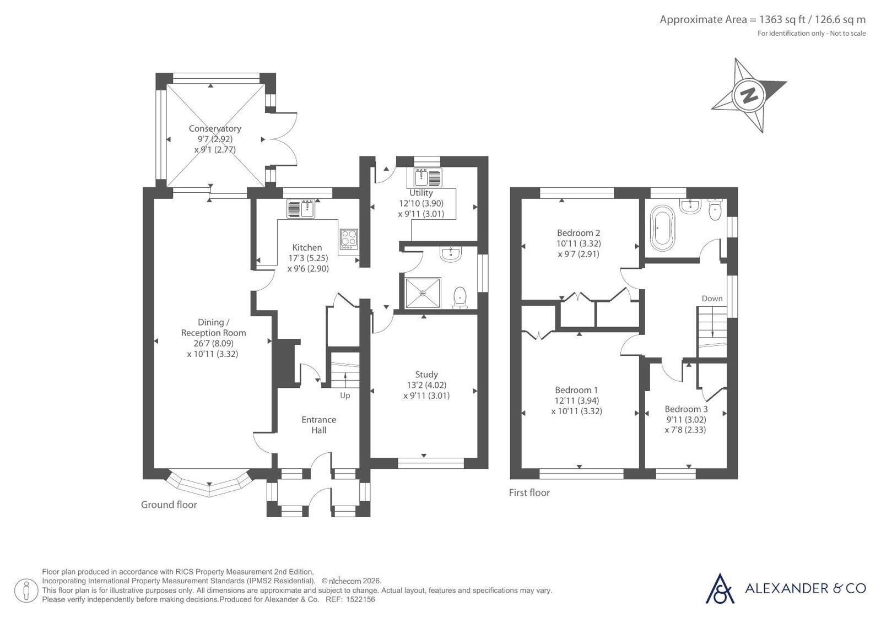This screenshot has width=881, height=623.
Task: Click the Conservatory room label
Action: pyautogui.click(x=215, y=128)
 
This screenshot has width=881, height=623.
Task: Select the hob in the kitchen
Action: pyautogui.click(x=349, y=239)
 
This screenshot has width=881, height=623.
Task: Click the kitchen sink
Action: pyautogui.click(x=301, y=208)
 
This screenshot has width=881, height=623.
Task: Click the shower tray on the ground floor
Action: pyautogui.click(x=423, y=293)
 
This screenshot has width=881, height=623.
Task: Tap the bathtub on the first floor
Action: pyautogui.click(x=662, y=227)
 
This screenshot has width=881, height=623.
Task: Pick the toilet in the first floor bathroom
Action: pyautogui.click(x=715, y=209)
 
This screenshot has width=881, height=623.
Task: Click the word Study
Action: pyautogui.click(x=426, y=375)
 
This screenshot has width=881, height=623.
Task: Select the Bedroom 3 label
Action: pyautogui.click(x=686, y=409)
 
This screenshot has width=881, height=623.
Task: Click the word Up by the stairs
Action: pyautogui.click(x=345, y=396)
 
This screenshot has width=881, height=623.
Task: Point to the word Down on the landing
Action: pyautogui.click(x=712, y=299)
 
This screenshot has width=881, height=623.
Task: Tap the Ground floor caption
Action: pyautogui.click(x=169, y=505)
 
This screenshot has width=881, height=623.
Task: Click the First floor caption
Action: pyautogui.click(x=529, y=492)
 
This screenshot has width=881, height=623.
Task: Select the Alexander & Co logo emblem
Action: pyautogui.click(x=720, y=588)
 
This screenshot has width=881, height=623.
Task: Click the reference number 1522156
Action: pyautogui.click(x=361, y=599)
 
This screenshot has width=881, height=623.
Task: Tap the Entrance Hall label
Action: pyautogui.click(x=318, y=425)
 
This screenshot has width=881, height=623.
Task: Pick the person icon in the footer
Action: pyautogui.click(x=26, y=591)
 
